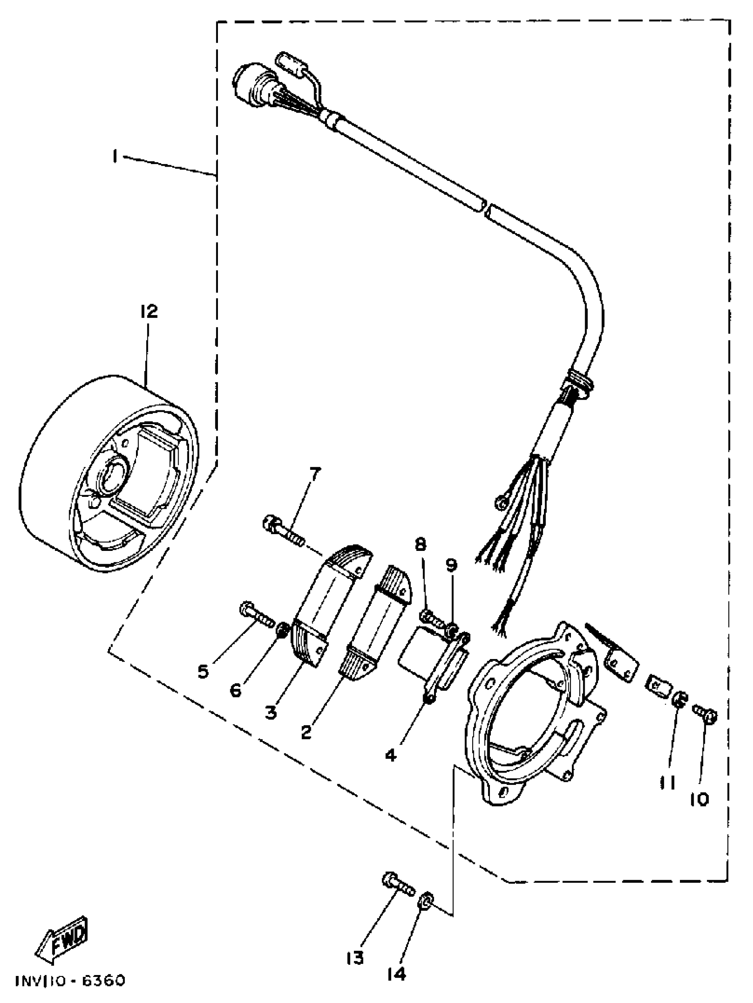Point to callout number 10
pyautogui.click(x=699, y=800)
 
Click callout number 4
pyautogui.click(x=391, y=754)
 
